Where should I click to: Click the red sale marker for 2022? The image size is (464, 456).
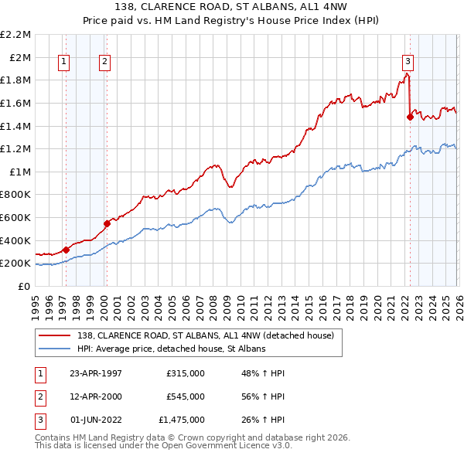pos(410,117)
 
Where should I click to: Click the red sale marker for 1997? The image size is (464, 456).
pos(67,250)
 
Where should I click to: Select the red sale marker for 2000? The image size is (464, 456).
pos(107,223)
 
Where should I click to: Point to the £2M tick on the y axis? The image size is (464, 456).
pos(21,57)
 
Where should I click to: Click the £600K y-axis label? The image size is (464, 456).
pos(17,218)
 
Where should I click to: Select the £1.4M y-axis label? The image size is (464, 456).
pos(17,126)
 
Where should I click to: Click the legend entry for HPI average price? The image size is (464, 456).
pos(171,349)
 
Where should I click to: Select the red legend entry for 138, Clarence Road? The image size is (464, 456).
pos(205,335)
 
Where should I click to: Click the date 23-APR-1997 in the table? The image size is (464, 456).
pos(96,373)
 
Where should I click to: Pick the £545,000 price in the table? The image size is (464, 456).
pos(186,396)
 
